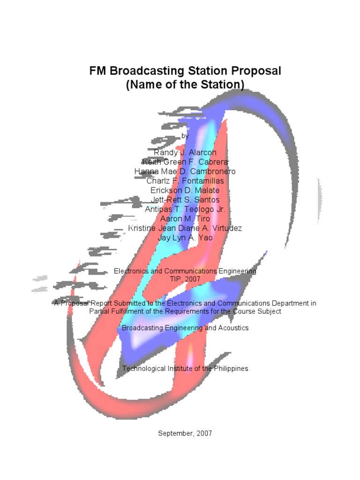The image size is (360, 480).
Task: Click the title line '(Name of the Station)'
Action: (185, 85)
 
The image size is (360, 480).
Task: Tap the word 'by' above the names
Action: (185, 136)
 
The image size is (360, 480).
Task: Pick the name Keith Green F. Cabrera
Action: (185, 162)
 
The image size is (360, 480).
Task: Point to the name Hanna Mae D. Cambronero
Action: (185, 172)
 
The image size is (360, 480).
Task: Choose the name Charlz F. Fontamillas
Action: (185, 181)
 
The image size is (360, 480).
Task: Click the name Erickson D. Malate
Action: (185, 190)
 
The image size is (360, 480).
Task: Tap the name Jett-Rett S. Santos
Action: (185, 200)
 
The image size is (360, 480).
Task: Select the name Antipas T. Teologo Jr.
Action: (185, 210)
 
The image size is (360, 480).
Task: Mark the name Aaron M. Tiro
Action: (185, 219)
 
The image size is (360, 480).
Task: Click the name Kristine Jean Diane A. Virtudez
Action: (185, 228)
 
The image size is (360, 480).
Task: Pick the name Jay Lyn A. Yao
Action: (185, 238)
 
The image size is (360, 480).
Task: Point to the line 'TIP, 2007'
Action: (185, 279)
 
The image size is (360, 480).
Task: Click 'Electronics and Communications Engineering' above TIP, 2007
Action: (185, 271)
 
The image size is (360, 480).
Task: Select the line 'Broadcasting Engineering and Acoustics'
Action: (185, 328)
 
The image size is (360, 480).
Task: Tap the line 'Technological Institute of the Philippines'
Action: (185, 368)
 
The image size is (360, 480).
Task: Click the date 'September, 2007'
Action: (185, 434)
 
